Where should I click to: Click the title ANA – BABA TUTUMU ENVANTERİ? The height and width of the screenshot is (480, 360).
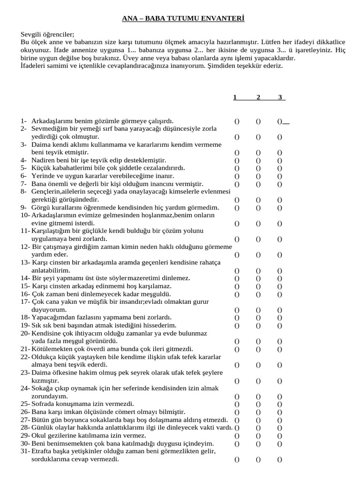click(x=180, y=19)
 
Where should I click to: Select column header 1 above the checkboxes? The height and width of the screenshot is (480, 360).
click(x=235, y=97)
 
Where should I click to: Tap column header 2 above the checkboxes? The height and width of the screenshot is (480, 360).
click(x=258, y=97)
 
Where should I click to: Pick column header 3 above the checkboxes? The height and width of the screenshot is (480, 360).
click(x=280, y=97)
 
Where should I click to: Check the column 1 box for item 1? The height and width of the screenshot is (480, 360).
click(x=237, y=121)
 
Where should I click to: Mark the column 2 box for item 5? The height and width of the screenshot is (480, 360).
click(x=258, y=168)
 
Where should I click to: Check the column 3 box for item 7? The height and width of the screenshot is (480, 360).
click(x=279, y=184)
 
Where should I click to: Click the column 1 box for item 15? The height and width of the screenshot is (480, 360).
click(x=237, y=286)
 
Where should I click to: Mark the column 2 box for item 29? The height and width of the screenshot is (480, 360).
click(x=258, y=436)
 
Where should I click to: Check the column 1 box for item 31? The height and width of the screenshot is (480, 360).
click(x=237, y=460)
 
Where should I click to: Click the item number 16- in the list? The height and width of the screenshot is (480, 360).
click(x=25, y=294)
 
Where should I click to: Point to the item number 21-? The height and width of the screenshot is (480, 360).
click(x=25, y=349)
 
